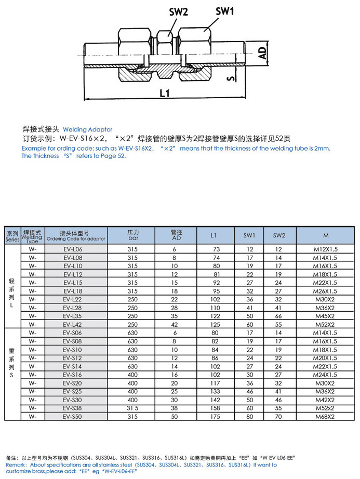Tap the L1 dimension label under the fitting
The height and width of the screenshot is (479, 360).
pos(164,94)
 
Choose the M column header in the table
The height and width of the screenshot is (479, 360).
pos(325,235)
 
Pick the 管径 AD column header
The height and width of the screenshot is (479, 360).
pos(176,235)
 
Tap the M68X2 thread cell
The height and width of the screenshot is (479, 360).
pos(325,416)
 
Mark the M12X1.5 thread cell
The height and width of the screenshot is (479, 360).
pos(325,250)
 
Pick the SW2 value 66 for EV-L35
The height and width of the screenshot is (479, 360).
pos(278,316)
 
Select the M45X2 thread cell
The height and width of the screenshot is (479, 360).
pos(325,316)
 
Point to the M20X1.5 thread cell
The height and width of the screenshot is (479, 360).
pos(325,358)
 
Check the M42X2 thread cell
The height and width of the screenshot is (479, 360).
pos(325,400)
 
